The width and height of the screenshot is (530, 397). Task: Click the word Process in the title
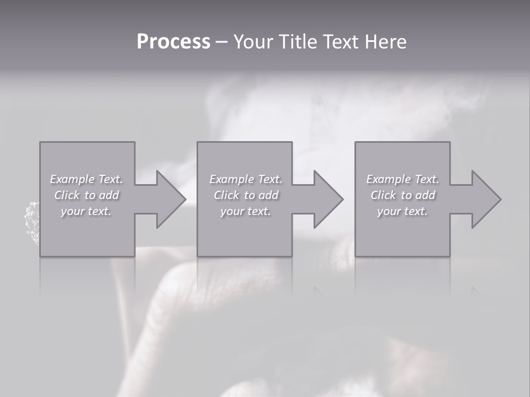pyautogui.click(x=173, y=42)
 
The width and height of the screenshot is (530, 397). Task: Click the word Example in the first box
pyautogui.click(x=72, y=179)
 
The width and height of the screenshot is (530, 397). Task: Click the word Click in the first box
pyautogui.click(x=67, y=195)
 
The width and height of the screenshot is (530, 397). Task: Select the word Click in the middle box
pyautogui.click(x=226, y=195)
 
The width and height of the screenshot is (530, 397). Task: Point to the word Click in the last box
pyautogui.click(x=383, y=195)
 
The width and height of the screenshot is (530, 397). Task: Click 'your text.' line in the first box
pyautogui.click(x=86, y=211)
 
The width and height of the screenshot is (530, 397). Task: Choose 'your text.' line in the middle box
pyautogui.click(x=245, y=211)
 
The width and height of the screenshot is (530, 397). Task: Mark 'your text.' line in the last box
pyautogui.click(x=402, y=211)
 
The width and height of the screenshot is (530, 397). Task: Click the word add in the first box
pyautogui.click(x=109, y=195)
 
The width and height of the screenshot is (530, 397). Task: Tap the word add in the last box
pyautogui.click(x=425, y=195)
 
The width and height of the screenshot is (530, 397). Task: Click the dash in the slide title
pyautogui.click(x=222, y=42)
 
